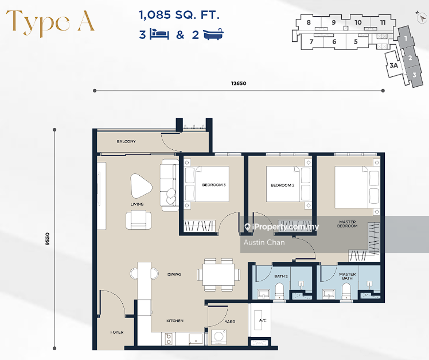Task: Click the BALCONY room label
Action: (126, 141)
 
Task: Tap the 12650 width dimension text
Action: (239, 83)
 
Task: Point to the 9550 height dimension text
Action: (48, 239)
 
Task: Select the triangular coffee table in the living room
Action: (141, 186)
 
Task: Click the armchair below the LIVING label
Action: (138, 220)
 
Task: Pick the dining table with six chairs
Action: (219, 275)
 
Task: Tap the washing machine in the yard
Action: (219, 336)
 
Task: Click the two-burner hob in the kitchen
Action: (169, 339)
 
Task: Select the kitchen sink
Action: (196, 339)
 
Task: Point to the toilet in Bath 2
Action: (280, 291)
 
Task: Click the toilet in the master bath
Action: (346, 291)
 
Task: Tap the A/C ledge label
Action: (263, 320)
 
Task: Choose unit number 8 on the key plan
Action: (309, 22)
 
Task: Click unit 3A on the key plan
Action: (393, 65)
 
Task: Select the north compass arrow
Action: (422, 18)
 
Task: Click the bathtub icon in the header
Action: (213, 34)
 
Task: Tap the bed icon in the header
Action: (159, 34)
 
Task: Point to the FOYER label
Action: (117, 332)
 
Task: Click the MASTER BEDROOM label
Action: (348, 224)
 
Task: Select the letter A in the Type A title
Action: (85, 21)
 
